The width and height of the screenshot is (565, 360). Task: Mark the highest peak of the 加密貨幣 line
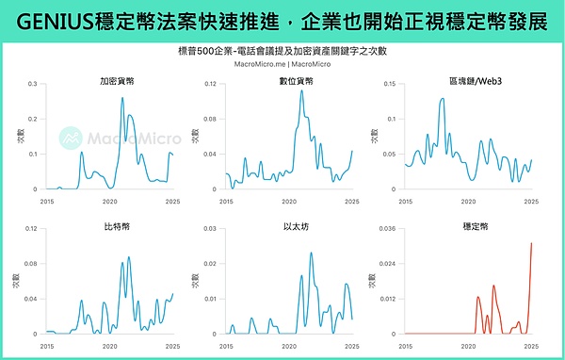[122, 98]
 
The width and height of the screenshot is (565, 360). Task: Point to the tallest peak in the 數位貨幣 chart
[301, 90]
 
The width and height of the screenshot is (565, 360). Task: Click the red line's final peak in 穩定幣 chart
[531, 243]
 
